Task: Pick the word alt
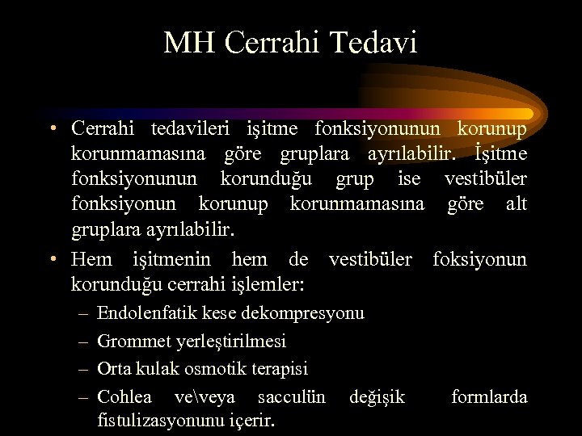point(516,203)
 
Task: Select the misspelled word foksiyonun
point(479,259)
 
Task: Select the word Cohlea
point(124,396)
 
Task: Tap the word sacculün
point(292,396)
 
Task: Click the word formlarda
point(489,396)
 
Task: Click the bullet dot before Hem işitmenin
point(52,259)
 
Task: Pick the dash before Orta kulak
point(84,369)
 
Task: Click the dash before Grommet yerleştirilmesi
point(84,342)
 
